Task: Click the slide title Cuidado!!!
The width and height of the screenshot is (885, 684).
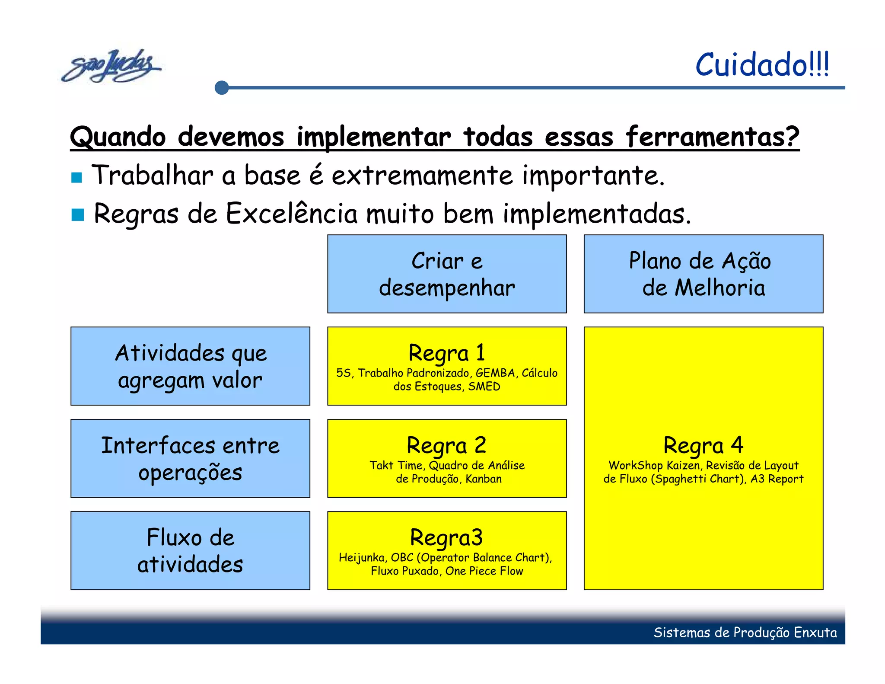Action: click(762, 65)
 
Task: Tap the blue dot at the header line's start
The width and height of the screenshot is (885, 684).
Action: click(222, 88)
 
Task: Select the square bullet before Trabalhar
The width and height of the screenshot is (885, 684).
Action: click(77, 177)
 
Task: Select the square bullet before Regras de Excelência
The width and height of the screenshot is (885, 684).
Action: click(78, 215)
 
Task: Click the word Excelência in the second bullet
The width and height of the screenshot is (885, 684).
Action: click(292, 214)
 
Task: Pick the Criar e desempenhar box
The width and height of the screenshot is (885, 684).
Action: click(447, 274)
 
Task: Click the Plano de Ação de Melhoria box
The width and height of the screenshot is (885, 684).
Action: click(703, 274)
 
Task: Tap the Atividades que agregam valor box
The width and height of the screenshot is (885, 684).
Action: click(190, 366)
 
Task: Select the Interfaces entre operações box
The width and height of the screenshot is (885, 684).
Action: click(190, 458)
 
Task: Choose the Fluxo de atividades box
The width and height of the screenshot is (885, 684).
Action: click(190, 550)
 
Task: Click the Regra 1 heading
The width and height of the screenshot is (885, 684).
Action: click(447, 353)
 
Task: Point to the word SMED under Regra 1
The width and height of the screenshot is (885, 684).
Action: click(484, 387)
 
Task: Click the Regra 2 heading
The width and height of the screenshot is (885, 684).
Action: click(446, 445)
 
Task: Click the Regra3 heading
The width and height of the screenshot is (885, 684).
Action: click(446, 538)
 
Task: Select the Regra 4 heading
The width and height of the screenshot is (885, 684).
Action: click(703, 445)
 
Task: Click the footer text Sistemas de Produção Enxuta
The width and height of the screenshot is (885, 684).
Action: click(745, 633)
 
